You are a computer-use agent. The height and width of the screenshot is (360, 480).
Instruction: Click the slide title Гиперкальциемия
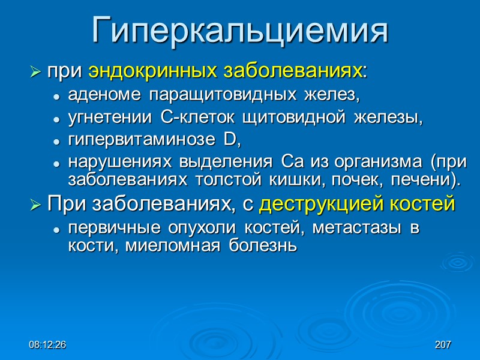coord(240,31)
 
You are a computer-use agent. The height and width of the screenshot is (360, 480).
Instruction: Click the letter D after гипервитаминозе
coord(230,141)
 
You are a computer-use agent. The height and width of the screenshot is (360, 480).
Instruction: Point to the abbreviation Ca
coord(287,163)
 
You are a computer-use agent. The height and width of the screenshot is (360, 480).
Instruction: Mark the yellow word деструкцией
coord(321,205)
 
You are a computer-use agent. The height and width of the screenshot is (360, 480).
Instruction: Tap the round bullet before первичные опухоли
coord(56,230)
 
